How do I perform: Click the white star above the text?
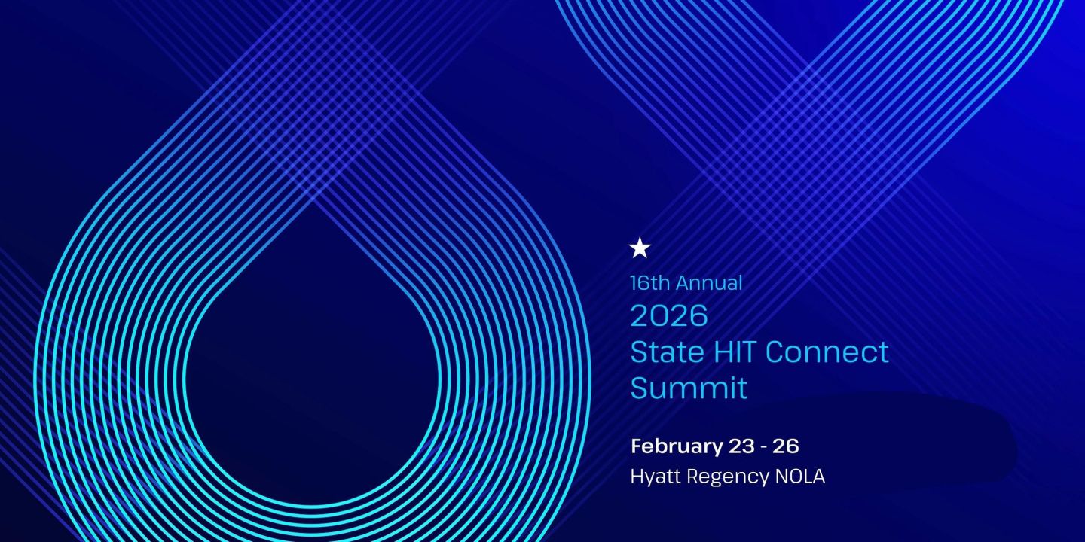[x=640, y=248]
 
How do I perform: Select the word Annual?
[x=709, y=283]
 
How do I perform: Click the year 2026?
[x=669, y=316]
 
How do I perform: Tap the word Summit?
[x=689, y=388]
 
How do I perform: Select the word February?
[x=676, y=446]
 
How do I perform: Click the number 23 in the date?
[x=741, y=446]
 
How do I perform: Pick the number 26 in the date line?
[x=786, y=446]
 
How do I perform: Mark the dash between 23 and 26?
[x=764, y=446]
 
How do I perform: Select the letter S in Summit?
[x=639, y=388]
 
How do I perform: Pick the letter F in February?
[x=637, y=446]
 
